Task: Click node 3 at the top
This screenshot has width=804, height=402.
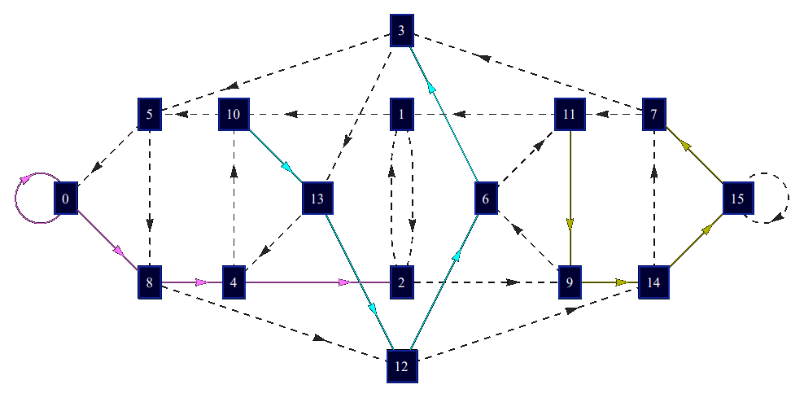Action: point(401,31)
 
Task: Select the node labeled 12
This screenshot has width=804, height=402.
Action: point(401,365)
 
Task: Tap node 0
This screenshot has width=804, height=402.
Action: point(66,198)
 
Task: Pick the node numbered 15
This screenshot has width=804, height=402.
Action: point(738,198)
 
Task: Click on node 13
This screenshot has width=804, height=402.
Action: point(317,198)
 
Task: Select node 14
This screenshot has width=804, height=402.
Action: point(653,282)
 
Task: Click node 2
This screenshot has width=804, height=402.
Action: point(401,282)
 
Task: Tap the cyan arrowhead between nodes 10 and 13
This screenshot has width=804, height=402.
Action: point(288,168)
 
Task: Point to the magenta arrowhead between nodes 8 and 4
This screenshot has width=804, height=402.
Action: point(202,282)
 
